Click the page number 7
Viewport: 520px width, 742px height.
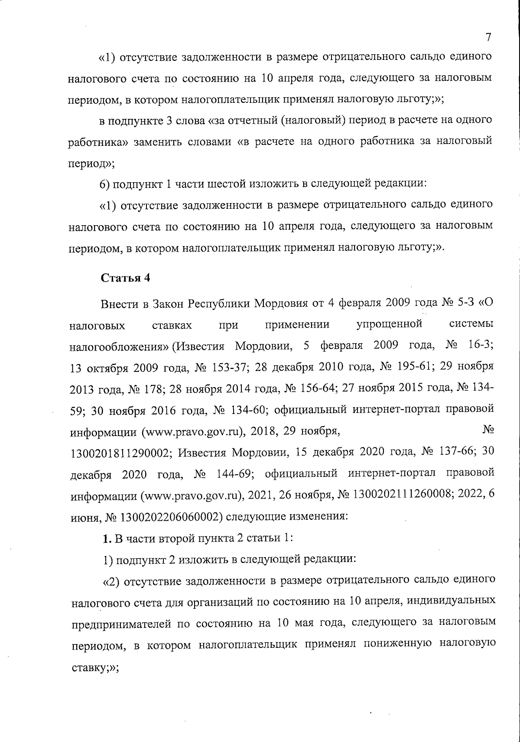[488, 37]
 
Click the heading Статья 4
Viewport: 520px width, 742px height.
[126, 278]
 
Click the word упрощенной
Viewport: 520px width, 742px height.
[389, 324]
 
